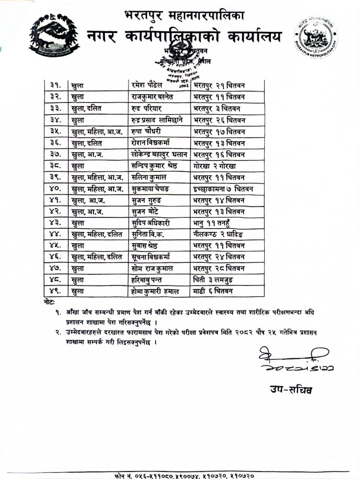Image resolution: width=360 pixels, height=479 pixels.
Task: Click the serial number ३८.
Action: point(56,166)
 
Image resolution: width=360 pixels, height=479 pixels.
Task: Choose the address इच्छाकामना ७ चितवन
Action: point(223,189)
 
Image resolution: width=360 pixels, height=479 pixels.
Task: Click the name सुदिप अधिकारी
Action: point(151,223)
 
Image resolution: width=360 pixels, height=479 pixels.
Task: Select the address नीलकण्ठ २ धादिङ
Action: point(218,235)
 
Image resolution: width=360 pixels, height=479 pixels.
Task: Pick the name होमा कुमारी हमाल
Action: point(155,291)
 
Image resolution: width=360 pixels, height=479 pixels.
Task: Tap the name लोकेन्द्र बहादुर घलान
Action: point(159,155)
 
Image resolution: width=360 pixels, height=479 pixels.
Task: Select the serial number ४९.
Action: point(56,291)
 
